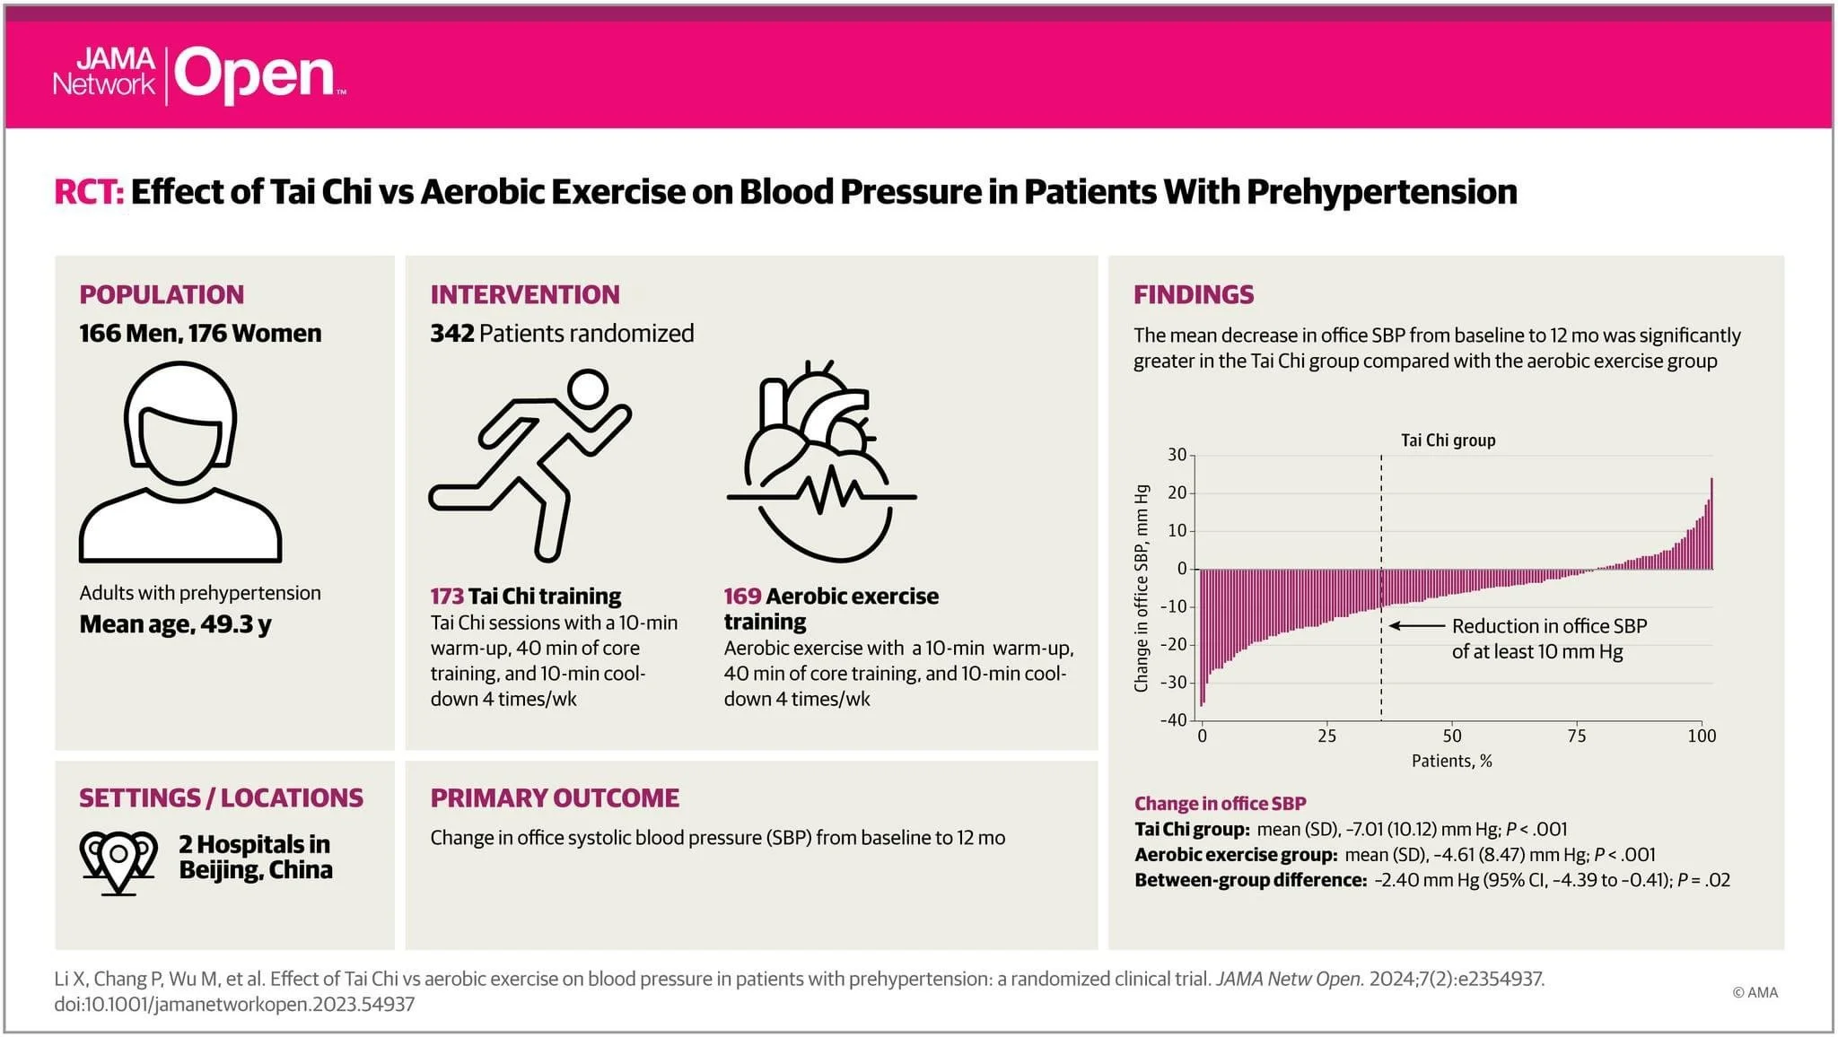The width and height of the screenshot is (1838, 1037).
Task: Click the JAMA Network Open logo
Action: [x=197, y=74]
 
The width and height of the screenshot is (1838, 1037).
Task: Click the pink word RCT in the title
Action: [x=88, y=192]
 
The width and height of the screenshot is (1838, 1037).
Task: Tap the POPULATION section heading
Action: [x=162, y=294]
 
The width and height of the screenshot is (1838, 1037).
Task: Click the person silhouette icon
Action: [x=180, y=462]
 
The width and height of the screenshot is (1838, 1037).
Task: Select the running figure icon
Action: [x=530, y=465]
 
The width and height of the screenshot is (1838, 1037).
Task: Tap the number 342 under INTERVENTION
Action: [x=451, y=334]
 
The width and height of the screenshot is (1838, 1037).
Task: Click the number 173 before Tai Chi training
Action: [x=446, y=597]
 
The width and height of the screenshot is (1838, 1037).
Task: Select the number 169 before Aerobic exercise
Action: [x=741, y=597]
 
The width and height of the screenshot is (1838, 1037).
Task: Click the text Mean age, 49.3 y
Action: [x=175, y=624]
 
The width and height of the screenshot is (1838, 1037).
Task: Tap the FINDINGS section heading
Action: [x=1193, y=294]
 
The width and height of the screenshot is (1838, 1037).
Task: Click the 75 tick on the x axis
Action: [x=1576, y=736]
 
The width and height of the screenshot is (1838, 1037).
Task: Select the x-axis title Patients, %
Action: [x=1451, y=762]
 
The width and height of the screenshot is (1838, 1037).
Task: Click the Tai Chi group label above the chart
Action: [x=1448, y=440]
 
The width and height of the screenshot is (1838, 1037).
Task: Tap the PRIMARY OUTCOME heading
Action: [x=554, y=797]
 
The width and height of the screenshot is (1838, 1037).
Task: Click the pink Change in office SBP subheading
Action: [x=1220, y=804]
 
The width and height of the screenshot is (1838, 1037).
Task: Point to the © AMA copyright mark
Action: [x=1755, y=992]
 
